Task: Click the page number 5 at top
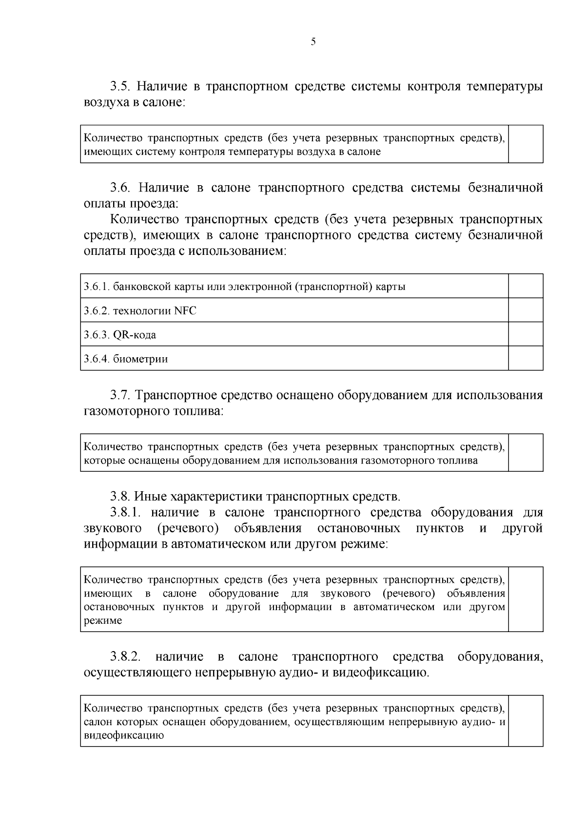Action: [313, 42]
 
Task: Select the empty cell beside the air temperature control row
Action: [526, 144]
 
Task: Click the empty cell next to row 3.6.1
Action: [526, 286]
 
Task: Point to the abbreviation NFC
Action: [185, 310]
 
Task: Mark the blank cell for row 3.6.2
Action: [526, 310]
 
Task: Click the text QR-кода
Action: [135, 335]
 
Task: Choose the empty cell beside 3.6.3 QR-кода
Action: [526, 334]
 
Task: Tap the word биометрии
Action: [140, 359]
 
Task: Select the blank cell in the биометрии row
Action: [526, 358]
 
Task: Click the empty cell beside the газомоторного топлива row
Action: [526, 453]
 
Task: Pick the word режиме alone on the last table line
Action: [103, 621]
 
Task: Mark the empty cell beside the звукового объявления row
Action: [526, 599]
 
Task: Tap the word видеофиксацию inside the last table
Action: [123, 736]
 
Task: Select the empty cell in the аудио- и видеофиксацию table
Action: [526, 721]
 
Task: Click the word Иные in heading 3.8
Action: [150, 497]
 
